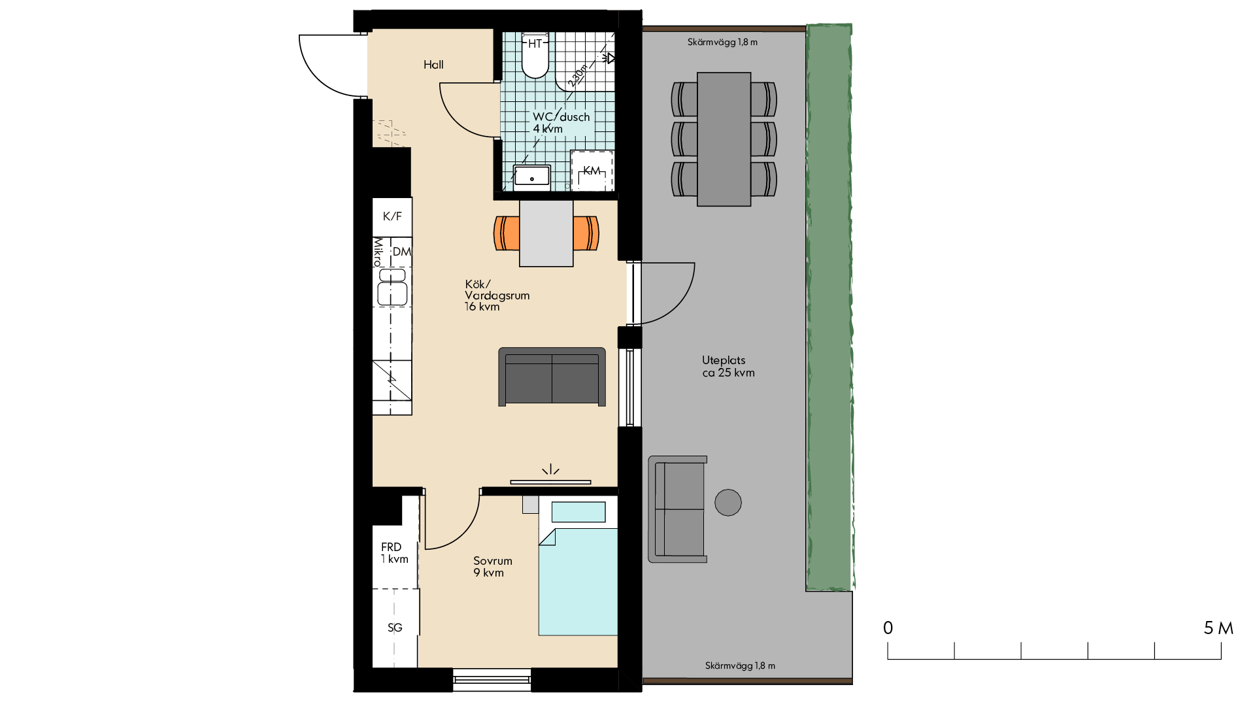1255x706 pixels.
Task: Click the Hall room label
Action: point(433,65)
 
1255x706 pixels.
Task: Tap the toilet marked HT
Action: point(535,55)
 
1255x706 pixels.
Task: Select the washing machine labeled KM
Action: point(592,171)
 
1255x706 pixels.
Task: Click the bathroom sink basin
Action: point(531,176)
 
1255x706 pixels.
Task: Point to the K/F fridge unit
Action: point(392,216)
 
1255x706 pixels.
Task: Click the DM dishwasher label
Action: point(402,252)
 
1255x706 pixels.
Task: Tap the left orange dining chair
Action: point(507,233)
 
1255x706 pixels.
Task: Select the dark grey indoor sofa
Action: point(552,377)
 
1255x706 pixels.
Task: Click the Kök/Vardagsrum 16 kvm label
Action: point(497,295)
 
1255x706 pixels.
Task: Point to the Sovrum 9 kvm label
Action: point(493,567)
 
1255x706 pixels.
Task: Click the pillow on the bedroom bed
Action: point(578,512)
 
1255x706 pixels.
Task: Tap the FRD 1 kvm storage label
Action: point(394,553)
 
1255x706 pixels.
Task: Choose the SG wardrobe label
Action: point(395,628)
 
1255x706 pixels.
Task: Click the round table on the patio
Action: point(728,503)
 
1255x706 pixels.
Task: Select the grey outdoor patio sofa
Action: point(678,509)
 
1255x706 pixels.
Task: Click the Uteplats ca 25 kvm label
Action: point(728,366)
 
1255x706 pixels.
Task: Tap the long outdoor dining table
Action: point(724,139)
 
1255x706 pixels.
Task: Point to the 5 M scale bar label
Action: point(1218,628)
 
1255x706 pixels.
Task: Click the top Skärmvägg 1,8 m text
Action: point(722,42)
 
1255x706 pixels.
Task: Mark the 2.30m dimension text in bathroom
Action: point(578,75)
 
